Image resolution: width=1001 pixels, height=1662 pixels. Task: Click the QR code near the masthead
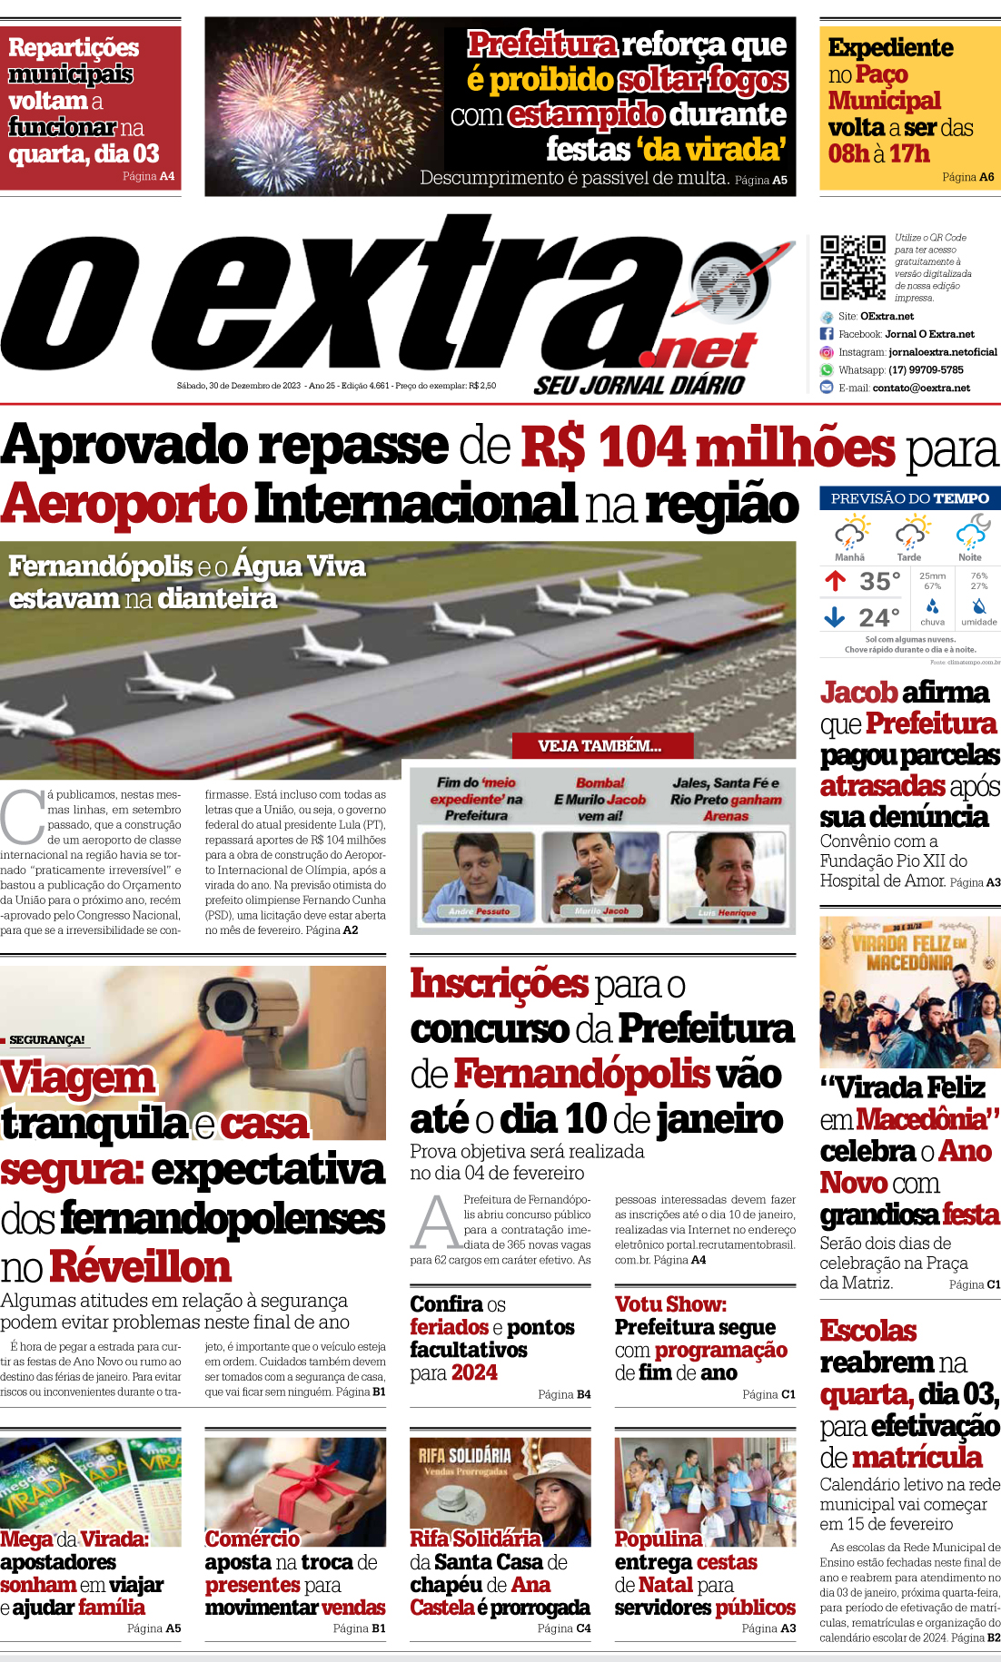852,267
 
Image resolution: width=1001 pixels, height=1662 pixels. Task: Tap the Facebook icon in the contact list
827,334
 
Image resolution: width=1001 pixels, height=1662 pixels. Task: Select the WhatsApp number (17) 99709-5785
926,370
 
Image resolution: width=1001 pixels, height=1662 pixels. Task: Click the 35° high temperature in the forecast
879,581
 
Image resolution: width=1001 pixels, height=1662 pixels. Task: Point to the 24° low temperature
878,618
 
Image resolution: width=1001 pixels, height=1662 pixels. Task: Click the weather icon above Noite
972,531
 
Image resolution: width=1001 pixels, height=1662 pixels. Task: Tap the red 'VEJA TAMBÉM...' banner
601,746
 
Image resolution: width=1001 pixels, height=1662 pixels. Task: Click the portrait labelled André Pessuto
479,877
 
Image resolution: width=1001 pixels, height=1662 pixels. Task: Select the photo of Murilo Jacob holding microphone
600,877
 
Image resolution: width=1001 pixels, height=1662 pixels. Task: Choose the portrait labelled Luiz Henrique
727,877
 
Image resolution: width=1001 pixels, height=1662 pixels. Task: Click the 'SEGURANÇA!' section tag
47,1039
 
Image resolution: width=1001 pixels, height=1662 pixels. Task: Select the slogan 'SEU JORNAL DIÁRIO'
639,385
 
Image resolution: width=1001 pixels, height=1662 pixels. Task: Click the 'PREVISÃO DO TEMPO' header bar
909,498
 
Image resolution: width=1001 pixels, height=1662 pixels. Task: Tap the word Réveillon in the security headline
141,1266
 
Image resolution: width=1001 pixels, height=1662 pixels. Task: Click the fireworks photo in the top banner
325,106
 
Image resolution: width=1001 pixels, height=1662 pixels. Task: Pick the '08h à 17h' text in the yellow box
878,153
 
